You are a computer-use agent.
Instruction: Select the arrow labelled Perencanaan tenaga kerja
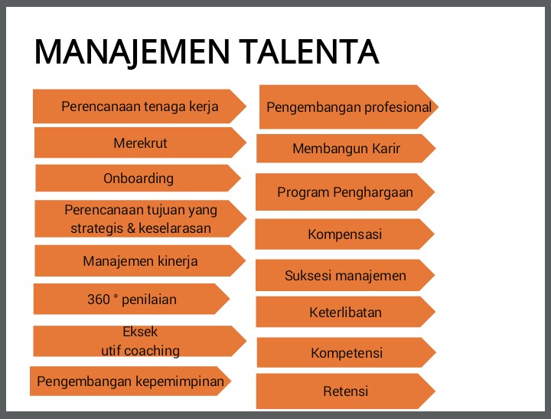click(x=139, y=106)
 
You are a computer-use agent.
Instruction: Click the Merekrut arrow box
click(x=140, y=143)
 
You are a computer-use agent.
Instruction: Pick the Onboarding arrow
click(x=139, y=178)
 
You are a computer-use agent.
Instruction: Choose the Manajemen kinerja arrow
click(x=140, y=261)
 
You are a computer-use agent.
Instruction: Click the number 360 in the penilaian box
click(x=99, y=300)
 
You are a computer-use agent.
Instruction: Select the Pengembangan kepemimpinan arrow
click(x=131, y=381)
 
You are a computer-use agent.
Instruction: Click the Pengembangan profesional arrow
click(x=348, y=106)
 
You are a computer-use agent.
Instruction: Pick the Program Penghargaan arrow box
click(x=344, y=192)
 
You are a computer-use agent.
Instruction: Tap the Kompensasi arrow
click(x=344, y=234)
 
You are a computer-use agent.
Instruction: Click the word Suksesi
click(x=307, y=276)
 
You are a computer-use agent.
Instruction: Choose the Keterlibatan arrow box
click(x=345, y=313)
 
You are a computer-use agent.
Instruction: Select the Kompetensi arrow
click(x=346, y=353)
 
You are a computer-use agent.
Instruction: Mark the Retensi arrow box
click(x=345, y=391)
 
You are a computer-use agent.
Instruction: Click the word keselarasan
click(x=174, y=228)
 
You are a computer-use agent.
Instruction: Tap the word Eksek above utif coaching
click(x=140, y=332)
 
